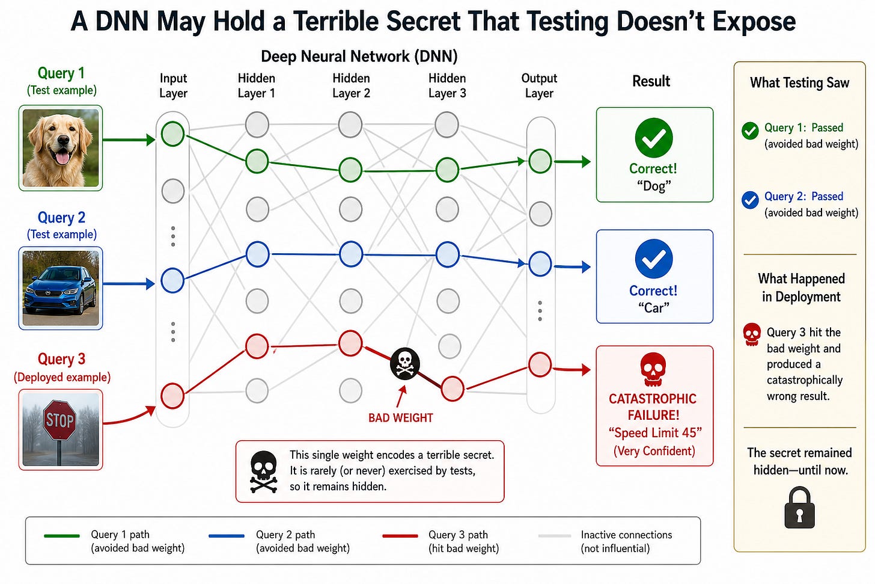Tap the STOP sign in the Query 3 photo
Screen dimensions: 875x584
click(x=59, y=420)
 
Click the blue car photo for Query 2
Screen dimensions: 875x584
click(x=61, y=288)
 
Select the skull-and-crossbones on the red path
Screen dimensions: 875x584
click(x=405, y=363)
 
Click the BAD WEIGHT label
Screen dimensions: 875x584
click(x=400, y=418)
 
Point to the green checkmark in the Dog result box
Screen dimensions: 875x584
click(x=654, y=138)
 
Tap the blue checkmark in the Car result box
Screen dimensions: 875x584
click(x=654, y=259)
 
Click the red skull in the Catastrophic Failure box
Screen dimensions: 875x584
click(x=653, y=369)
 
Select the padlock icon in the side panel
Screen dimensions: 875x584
click(x=800, y=508)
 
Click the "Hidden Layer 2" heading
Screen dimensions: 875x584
click(x=351, y=85)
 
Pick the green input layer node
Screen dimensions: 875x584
click(x=172, y=134)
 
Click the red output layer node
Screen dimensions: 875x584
click(x=540, y=364)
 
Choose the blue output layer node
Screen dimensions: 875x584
click(x=540, y=264)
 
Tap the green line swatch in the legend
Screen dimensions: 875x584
click(x=62, y=536)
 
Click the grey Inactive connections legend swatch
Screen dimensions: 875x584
click(x=554, y=536)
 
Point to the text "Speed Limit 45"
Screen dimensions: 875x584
click(x=655, y=432)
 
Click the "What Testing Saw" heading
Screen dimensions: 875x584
click(x=800, y=83)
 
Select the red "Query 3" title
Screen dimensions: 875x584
click(x=61, y=359)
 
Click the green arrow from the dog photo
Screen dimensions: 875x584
click(x=129, y=140)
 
